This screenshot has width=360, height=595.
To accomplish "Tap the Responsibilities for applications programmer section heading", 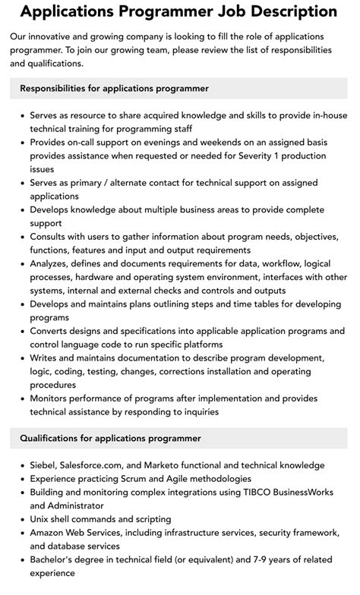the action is pyautogui.click(x=115, y=88).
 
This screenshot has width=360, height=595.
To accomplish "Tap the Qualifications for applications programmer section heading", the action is pyautogui.click(x=111, y=438).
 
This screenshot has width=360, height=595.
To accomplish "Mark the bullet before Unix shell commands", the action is pyautogui.click(x=21, y=519).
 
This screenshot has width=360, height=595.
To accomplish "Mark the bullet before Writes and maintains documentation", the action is pyautogui.click(x=21, y=357).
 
